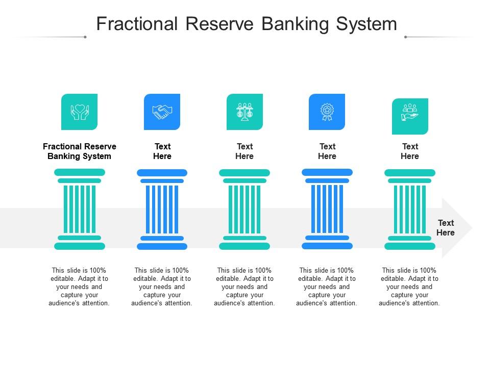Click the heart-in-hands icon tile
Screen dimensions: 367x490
pos(79,112)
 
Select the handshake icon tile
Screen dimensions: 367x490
pos(162,112)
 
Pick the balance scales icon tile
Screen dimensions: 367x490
pos(244,112)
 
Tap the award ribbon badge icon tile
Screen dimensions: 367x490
pos(327,112)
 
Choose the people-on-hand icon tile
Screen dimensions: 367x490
pos(410,116)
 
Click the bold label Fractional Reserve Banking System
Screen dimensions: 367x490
pos(79,151)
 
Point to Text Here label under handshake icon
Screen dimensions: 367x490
pos(162,151)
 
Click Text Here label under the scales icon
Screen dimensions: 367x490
pos(244,151)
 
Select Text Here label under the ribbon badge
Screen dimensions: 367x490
pos(327,151)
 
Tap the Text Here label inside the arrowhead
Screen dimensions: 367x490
pos(446,227)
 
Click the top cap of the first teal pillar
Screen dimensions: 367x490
pos(79,172)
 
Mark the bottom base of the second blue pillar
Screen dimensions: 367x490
pos(162,246)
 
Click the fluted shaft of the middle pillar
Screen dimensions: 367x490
pos(244,209)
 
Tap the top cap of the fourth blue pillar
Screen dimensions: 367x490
pos(327,172)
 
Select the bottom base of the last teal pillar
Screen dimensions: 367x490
pos(410,246)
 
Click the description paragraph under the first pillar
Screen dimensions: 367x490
pos(79,286)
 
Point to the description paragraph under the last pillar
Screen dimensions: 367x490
pos(409,286)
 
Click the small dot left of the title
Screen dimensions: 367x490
pos(85,37)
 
